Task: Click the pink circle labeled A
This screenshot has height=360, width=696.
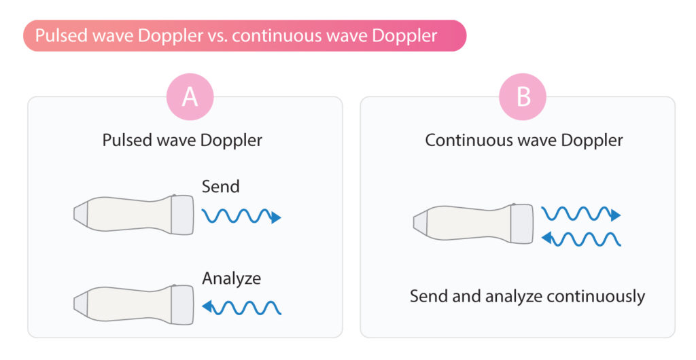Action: point(190,96)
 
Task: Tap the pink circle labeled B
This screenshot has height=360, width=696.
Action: point(523,96)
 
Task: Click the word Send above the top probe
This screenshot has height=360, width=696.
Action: point(221,186)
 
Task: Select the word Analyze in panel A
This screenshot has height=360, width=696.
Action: point(231,279)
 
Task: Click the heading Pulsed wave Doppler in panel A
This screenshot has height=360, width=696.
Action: point(182,140)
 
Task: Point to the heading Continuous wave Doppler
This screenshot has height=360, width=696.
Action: point(524,140)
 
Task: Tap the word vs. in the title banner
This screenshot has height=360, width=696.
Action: point(217,35)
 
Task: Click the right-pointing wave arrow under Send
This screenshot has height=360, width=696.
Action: point(241,216)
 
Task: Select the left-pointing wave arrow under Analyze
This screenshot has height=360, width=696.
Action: point(241,307)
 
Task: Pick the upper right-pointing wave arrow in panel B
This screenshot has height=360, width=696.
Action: point(581,214)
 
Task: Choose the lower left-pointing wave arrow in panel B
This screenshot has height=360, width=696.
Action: point(581,239)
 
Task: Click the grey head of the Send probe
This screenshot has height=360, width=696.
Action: point(182,215)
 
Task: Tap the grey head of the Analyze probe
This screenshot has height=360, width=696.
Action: point(182,305)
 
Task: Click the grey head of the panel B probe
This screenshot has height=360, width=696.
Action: point(522,223)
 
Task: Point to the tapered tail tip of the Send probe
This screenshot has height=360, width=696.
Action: point(74,214)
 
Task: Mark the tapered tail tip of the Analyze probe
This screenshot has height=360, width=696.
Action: point(74,304)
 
